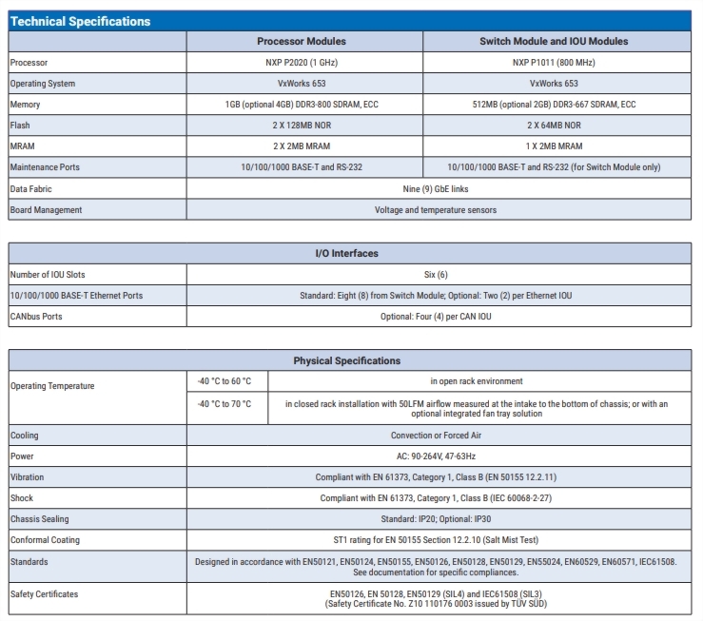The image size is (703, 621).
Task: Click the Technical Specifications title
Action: pyautogui.click(x=80, y=21)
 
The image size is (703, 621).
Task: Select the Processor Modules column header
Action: pyautogui.click(x=302, y=42)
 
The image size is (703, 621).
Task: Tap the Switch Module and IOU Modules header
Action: pyautogui.click(x=554, y=42)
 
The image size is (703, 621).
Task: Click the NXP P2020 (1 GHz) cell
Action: pyautogui.click(x=302, y=63)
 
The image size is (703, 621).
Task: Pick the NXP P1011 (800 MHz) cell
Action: pyautogui.click(x=554, y=63)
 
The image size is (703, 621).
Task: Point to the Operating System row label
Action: pyautogui.click(x=43, y=84)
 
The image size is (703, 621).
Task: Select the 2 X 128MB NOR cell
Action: pyautogui.click(x=302, y=126)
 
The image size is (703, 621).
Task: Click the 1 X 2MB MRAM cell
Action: pyautogui.click(x=554, y=146)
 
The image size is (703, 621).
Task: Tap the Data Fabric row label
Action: pyautogui.click(x=31, y=188)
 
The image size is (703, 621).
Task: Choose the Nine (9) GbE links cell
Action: pyautogui.click(x=436, y=188)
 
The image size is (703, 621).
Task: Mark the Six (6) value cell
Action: pyautogui.click(x=436, y=275)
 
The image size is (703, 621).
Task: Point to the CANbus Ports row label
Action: pyautogui.click(x=36, y=317)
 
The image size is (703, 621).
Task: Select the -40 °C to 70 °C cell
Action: pyautogui.click(x=225, y=404)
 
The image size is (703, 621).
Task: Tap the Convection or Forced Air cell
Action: pyautogui.click(x=436, y=436)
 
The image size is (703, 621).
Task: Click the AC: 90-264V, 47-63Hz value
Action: pyautogui.click(x=436, y=456)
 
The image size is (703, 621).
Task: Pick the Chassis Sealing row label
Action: pyautogui.click(x=40, y=519)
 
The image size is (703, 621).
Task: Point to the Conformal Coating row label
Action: pyautogui.click(x=44, y=540)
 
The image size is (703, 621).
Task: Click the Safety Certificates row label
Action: pyautogui.click(x=45, y=594)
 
